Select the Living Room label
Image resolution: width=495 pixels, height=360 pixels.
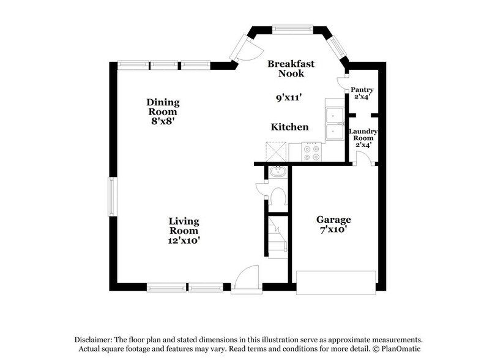tap(184, 226)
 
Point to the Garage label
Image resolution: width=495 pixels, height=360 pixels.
tap(333, 219)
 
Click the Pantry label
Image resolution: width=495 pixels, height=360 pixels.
tap(362, 90)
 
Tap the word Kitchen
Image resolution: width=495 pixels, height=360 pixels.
tap(289, 127)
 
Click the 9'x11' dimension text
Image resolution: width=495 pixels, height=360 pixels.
tap(288, 96)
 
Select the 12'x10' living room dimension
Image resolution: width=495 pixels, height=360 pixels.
tap(184, 241)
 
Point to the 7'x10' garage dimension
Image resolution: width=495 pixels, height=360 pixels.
tap(333, 230)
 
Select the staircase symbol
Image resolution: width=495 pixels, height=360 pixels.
tap(277, 236)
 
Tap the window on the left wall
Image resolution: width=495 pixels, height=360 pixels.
tap(113, 196)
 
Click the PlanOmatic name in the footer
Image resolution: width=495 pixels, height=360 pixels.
tap(401, 349)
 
